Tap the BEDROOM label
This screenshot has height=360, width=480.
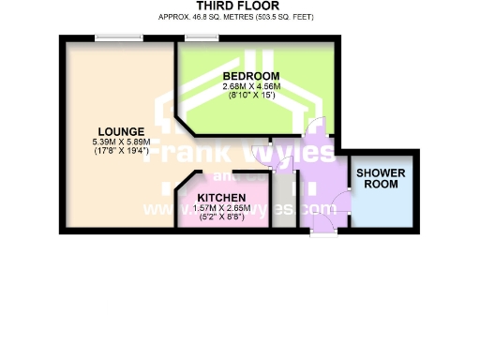[x=250, y=75]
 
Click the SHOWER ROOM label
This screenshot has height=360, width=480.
[x=381, y=178]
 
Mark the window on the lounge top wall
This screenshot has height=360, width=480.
[x=119, y=37]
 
